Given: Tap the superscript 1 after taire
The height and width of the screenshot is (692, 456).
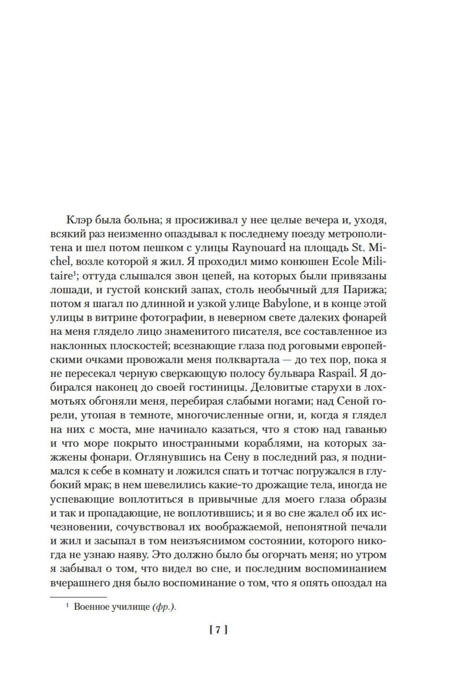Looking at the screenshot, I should click(73, 274).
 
